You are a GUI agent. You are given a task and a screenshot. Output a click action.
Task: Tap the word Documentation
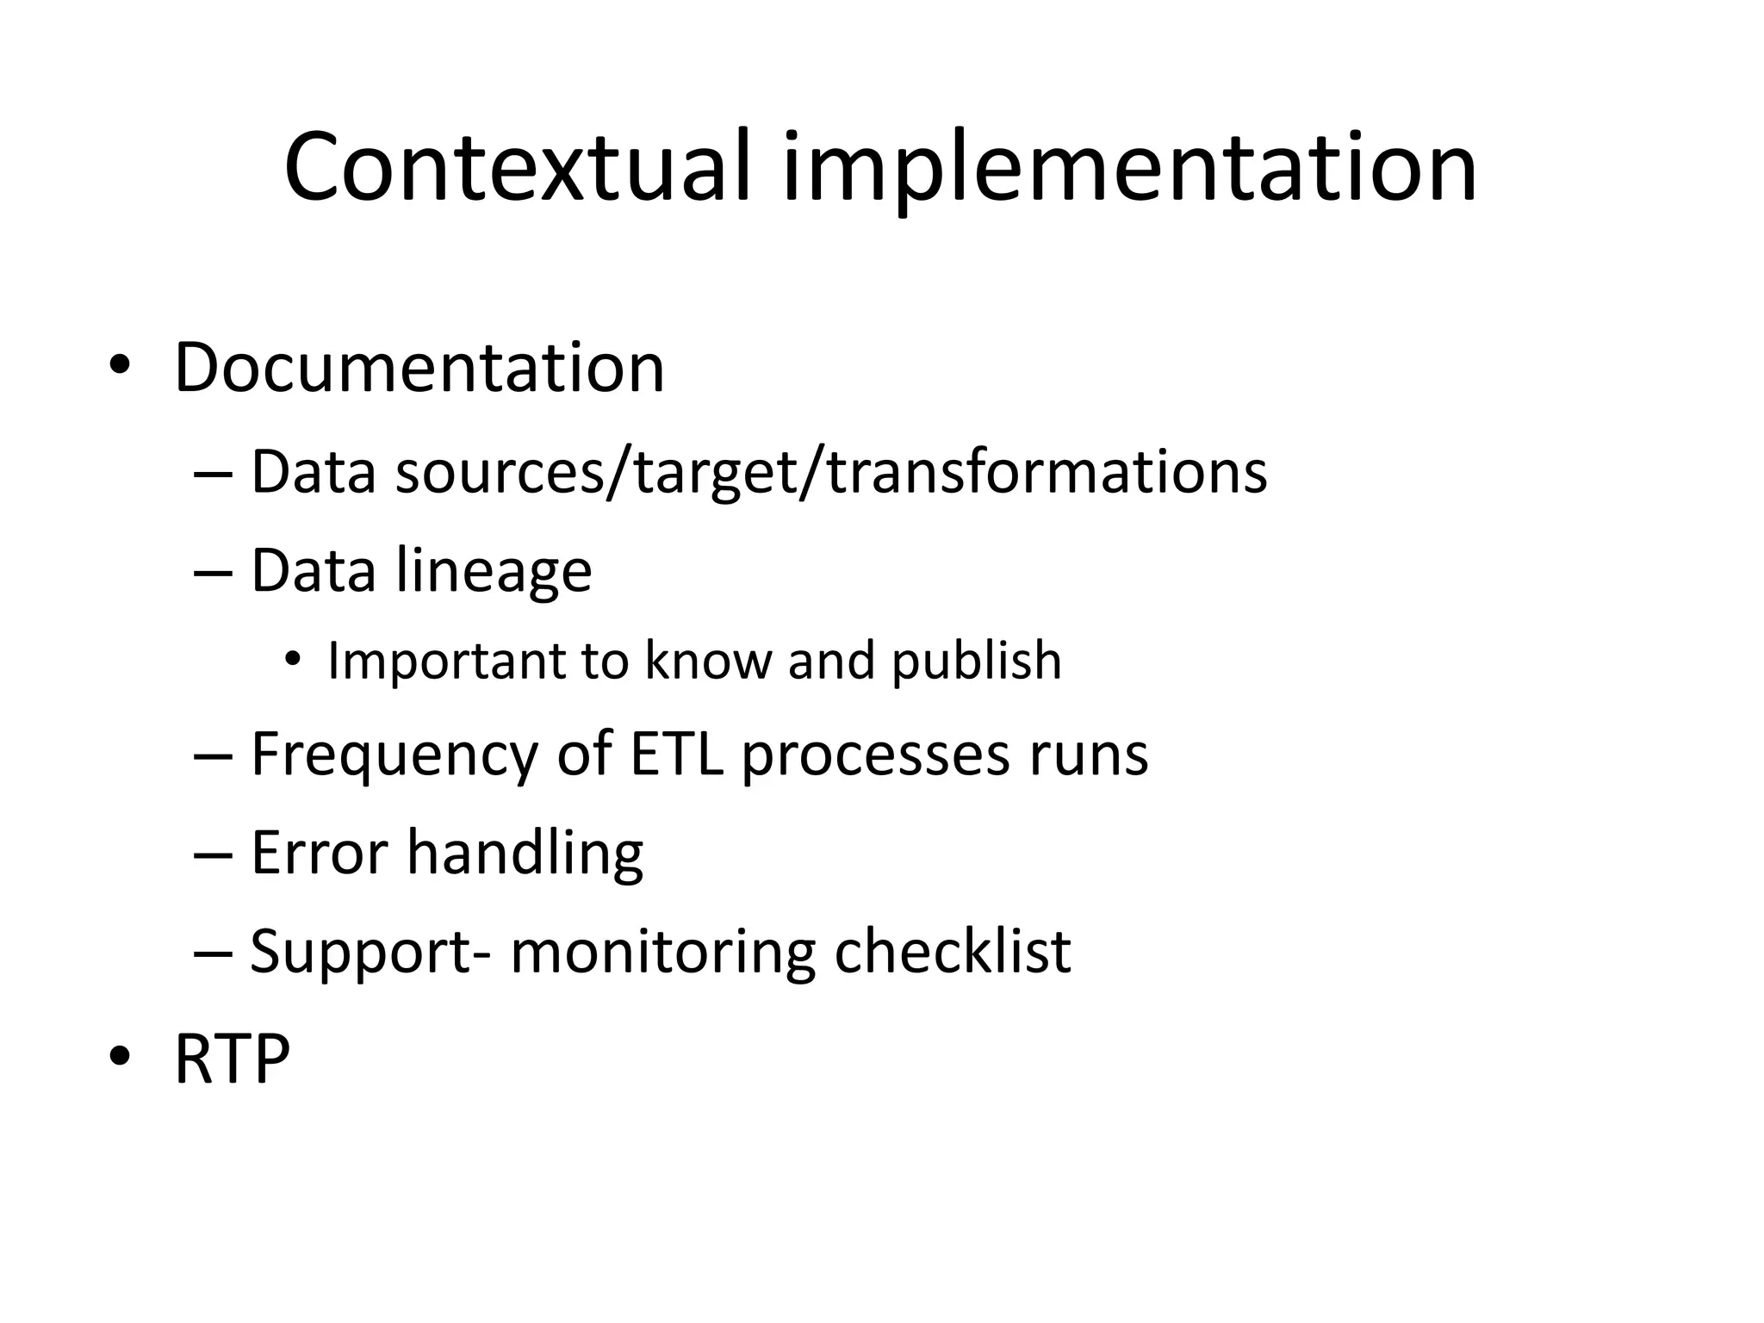(x=419, y=368)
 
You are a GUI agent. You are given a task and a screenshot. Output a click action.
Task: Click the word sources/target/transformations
(x=831, y=473)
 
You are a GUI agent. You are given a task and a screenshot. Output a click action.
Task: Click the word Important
(x=445, y=661)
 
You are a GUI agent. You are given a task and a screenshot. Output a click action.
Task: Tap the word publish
(x=976, y=661)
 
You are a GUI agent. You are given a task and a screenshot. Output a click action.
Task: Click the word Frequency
(x=394, y=755)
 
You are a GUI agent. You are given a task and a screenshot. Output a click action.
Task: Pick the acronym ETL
(x=676, y=755)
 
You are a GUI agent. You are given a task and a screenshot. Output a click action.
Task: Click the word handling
(x=525, y=853)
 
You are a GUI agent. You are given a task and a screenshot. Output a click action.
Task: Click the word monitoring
(x=662, y=953)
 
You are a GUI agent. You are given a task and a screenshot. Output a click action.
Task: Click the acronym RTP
(x=232, y=1059)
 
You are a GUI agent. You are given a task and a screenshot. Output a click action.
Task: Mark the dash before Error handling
(x=214, y=854)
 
